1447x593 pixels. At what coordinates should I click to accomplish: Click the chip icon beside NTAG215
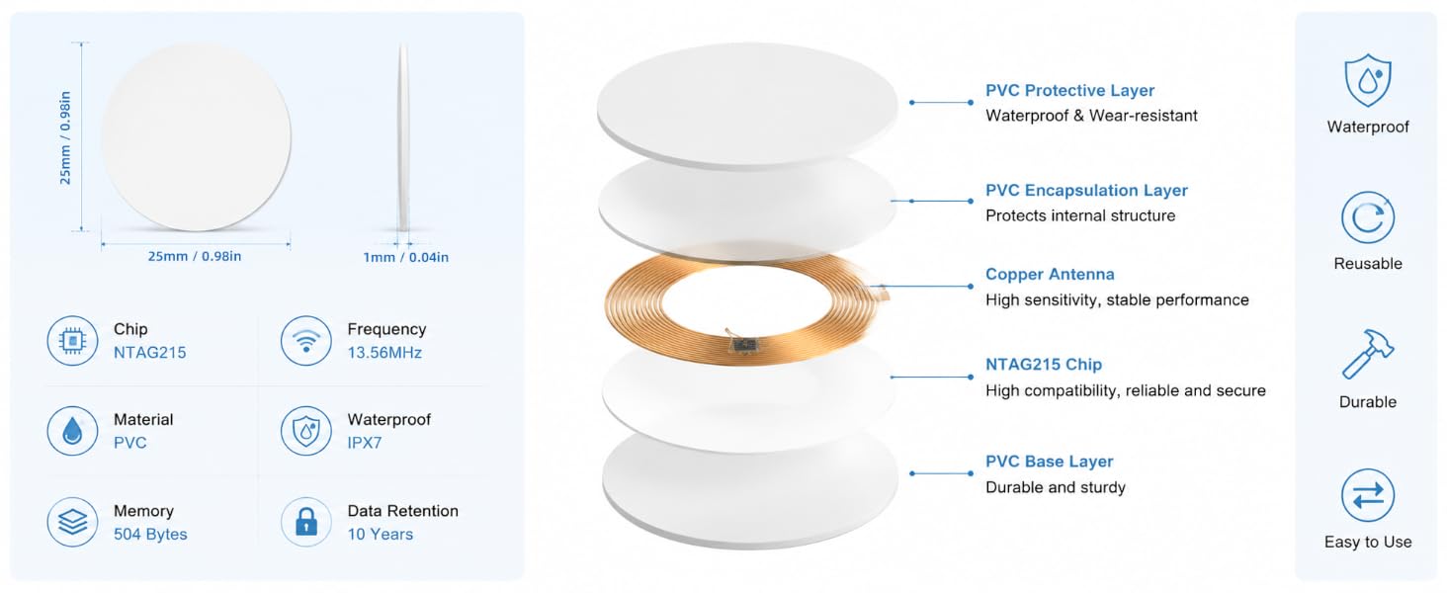click(x=72, y=340)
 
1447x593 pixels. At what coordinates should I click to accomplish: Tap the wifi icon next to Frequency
click(x=306, y=340)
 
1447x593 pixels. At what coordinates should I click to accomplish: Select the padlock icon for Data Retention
click(x=306, y=521)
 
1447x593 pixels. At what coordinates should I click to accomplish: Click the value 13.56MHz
click(x=384, y=353)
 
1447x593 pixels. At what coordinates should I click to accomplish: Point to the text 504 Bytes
click(x=150, y=535)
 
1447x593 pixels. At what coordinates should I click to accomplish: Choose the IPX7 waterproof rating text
click(x=365, y=443)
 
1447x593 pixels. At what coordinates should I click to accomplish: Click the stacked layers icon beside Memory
click(x=72, y=521)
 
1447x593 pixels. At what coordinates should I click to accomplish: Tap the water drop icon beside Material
click(x=72, y=431)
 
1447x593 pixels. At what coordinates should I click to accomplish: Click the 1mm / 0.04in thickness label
click(x=405, y=257)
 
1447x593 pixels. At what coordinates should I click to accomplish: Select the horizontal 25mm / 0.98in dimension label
click(x=195, y=256)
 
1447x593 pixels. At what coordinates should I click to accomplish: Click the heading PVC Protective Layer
click(x=1069, y=91)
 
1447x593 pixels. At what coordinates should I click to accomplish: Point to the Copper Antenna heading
click(x=1050, y=275)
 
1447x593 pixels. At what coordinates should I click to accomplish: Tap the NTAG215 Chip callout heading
click(x=1044, y=365)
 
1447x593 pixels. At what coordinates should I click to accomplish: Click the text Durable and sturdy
click(x=1056, y=487)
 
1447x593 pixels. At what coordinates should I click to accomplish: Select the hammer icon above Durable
click(x=1368, y=354)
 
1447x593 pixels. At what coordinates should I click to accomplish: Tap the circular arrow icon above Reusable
click(x=1368, y=217)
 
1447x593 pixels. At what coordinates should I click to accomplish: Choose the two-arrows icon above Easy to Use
click(x=1368, y=495)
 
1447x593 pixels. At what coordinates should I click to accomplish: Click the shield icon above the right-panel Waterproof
click(x=1368, y=80)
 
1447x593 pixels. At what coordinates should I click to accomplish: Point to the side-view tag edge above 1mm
click(x=403, y=137)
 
